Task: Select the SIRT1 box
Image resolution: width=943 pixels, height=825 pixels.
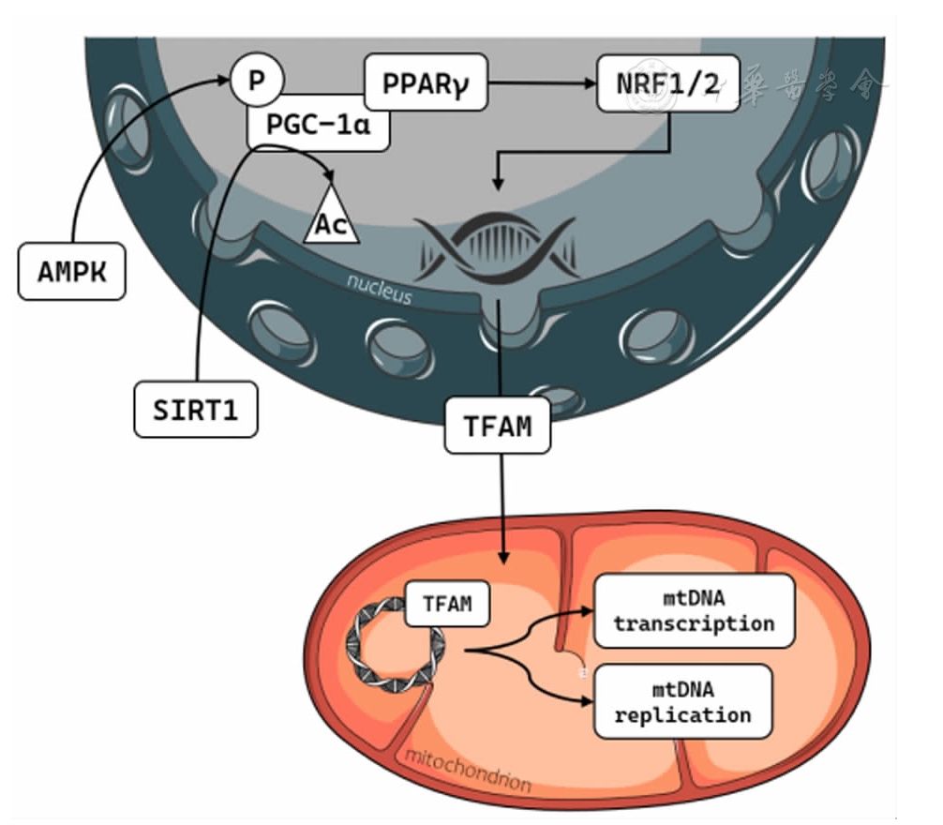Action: click(195, 409)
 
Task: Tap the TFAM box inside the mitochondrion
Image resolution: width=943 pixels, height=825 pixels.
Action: click(446, 606)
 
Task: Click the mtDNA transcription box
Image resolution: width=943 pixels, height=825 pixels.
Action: click(695, 611)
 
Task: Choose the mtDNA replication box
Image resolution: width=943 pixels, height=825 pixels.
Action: click(695, 701)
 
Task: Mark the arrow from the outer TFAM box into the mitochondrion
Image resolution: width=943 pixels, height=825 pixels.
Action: click(505, 511)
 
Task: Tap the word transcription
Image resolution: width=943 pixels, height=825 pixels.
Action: click(695, 623)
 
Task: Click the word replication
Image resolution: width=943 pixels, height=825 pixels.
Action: click(695, 714)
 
